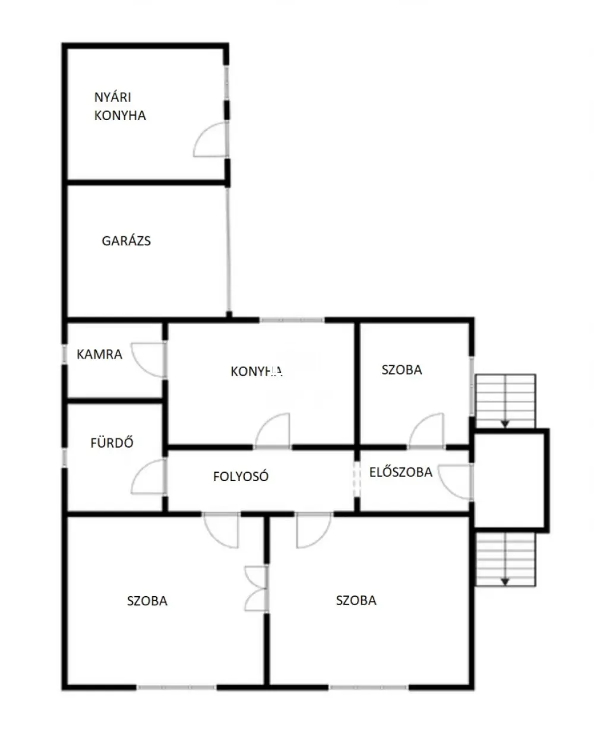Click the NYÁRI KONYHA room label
point(120,106)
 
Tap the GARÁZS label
point(126,241)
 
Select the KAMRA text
point(99,355)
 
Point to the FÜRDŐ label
point(112,442)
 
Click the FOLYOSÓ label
point(241,476)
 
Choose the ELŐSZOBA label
point(401,472)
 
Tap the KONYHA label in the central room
point(257,371)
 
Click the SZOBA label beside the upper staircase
point(402,370)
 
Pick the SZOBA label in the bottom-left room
point(147,601)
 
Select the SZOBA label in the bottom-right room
point(356,600)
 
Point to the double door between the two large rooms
point(257,589)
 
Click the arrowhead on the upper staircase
point(505,424)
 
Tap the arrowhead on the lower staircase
point(505,581)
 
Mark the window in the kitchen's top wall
point(292,320)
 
